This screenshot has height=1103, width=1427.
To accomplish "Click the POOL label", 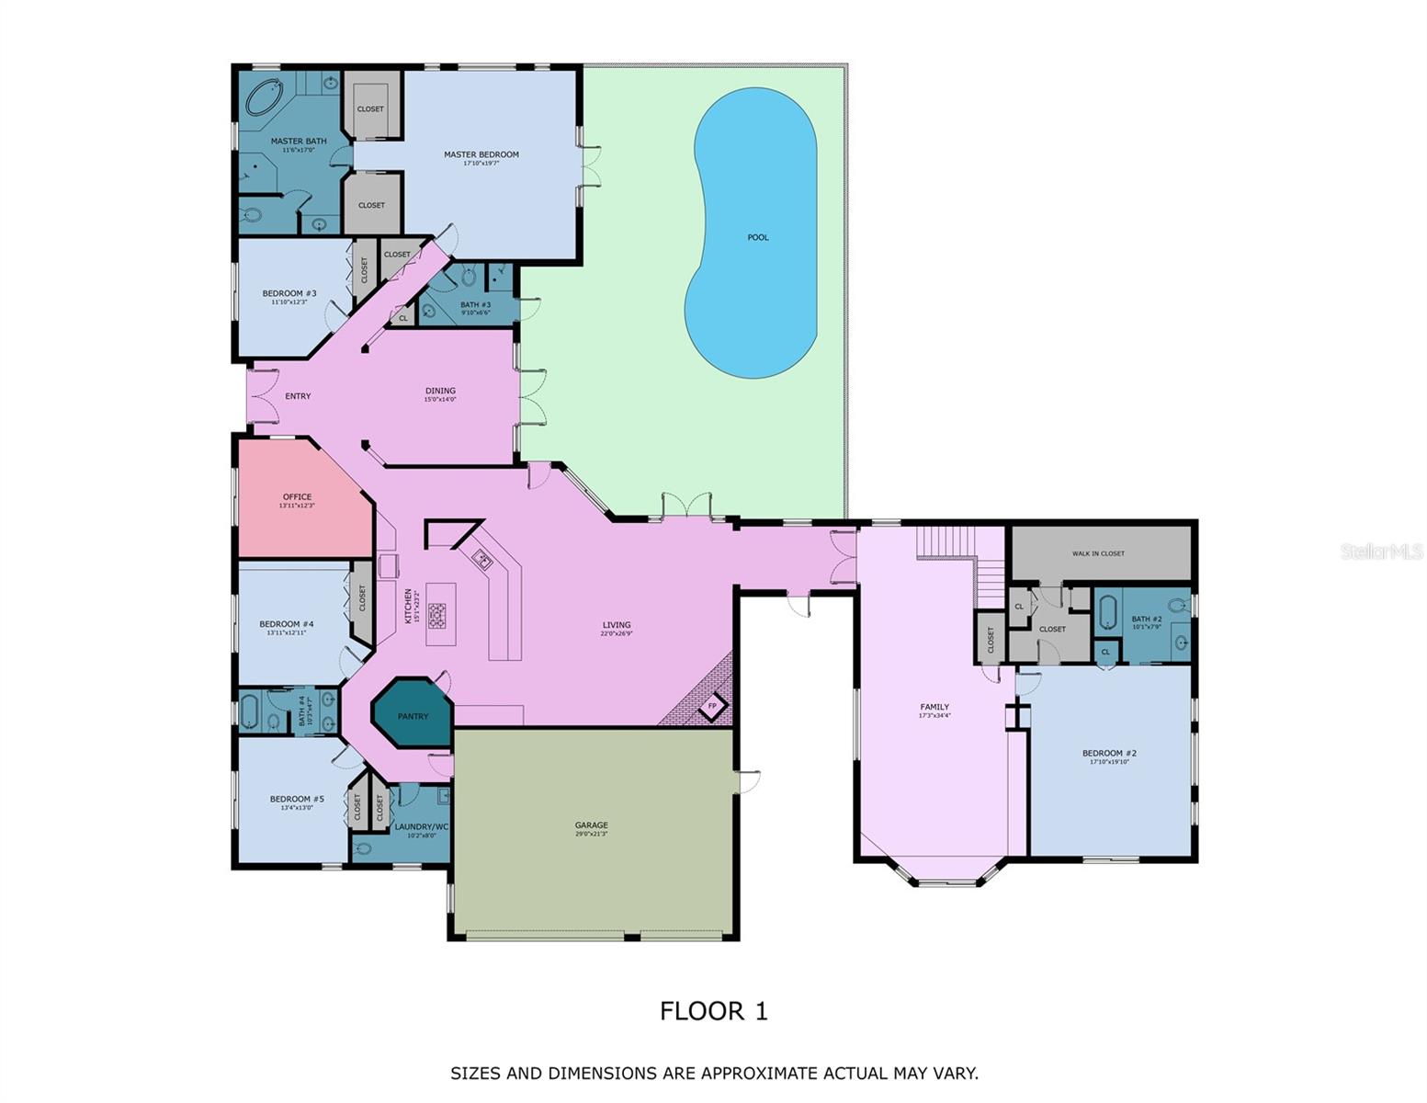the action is (x=757, y=237).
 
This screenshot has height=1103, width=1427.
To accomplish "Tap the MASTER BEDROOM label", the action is (x=481, y=154).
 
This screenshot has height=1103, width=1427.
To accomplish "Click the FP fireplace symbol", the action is (x=712, y=707).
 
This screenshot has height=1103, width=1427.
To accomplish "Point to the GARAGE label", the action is (x=591, y=825).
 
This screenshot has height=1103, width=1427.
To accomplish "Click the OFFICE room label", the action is (x=297, y=496).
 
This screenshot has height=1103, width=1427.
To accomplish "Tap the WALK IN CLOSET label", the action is (x=1098, y=553).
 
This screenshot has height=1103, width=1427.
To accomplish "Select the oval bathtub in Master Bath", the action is (x=266, y=97).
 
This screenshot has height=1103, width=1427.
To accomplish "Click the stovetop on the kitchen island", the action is (x=436, y=615).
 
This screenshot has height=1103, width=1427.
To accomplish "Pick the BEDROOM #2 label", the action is (x=1109, y=753).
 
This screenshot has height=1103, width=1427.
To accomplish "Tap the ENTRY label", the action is (x=298, y=396).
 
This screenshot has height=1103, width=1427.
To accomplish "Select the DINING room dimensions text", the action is (x=440, y=400).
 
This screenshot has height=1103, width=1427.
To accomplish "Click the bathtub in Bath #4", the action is (x=249, y=711).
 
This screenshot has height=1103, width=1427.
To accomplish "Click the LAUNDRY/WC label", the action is (x=421, y=826).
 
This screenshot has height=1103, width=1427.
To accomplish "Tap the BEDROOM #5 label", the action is (x=296, y=799).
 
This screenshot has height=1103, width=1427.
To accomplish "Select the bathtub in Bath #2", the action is (x=1107, y=612).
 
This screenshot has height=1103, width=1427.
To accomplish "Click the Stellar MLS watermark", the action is (x=1381, y=551).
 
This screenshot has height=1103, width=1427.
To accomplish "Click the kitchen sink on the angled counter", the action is (x=482, y=558).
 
